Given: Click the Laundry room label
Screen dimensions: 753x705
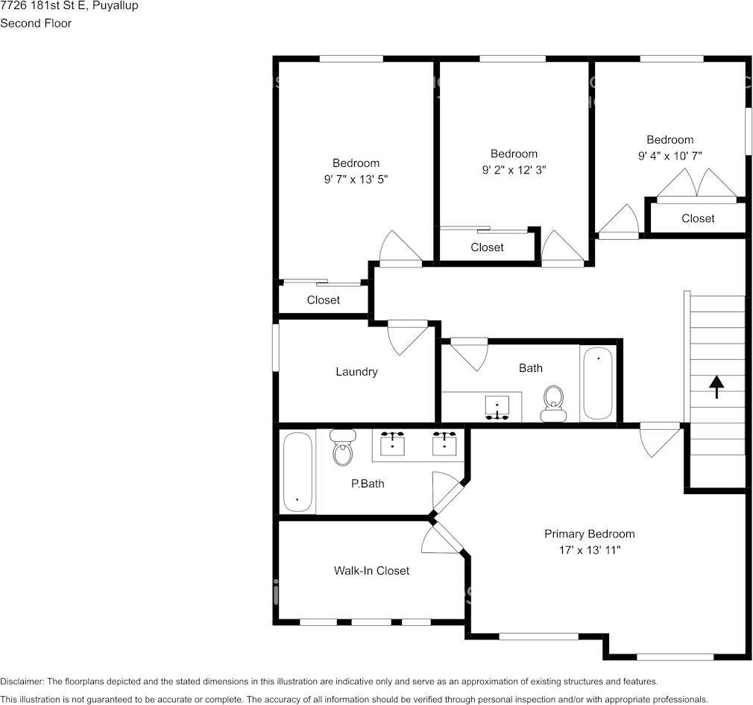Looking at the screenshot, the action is click(356, 371).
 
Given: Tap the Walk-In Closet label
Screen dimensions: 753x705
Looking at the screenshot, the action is click(372, 571).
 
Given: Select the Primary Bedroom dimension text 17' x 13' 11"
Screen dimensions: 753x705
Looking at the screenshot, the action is click(590, 550).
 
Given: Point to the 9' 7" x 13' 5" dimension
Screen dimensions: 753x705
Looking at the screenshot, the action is click(356, 179).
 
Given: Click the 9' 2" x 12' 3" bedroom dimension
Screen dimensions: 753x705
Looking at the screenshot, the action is click(514, 170).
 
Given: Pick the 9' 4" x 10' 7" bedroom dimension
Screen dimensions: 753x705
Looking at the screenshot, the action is click(670, 156).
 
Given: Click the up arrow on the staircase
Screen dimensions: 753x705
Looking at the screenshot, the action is click(716, 387).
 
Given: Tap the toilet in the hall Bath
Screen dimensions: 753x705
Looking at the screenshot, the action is click(554, 404).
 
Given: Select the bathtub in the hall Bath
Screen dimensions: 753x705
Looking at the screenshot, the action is click(598, 384).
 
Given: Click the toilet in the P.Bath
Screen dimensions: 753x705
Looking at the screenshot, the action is click(342, 447).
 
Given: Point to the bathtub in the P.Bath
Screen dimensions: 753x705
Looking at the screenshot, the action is click(297, 472).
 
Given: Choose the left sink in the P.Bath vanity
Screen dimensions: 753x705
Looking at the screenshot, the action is click(392, 443).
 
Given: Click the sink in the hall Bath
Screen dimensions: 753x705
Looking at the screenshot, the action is click(497, 408).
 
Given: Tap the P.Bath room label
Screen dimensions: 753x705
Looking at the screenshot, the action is click(368, 484).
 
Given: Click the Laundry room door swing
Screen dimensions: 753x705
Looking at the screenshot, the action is click(407, 338).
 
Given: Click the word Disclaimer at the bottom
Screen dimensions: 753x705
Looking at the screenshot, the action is click(22, 681).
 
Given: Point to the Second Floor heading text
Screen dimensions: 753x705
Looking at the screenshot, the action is click(36, 23).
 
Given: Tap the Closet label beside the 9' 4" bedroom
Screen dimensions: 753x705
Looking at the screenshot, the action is click(698, 218).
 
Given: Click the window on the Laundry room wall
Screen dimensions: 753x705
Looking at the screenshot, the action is click(276, 347).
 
